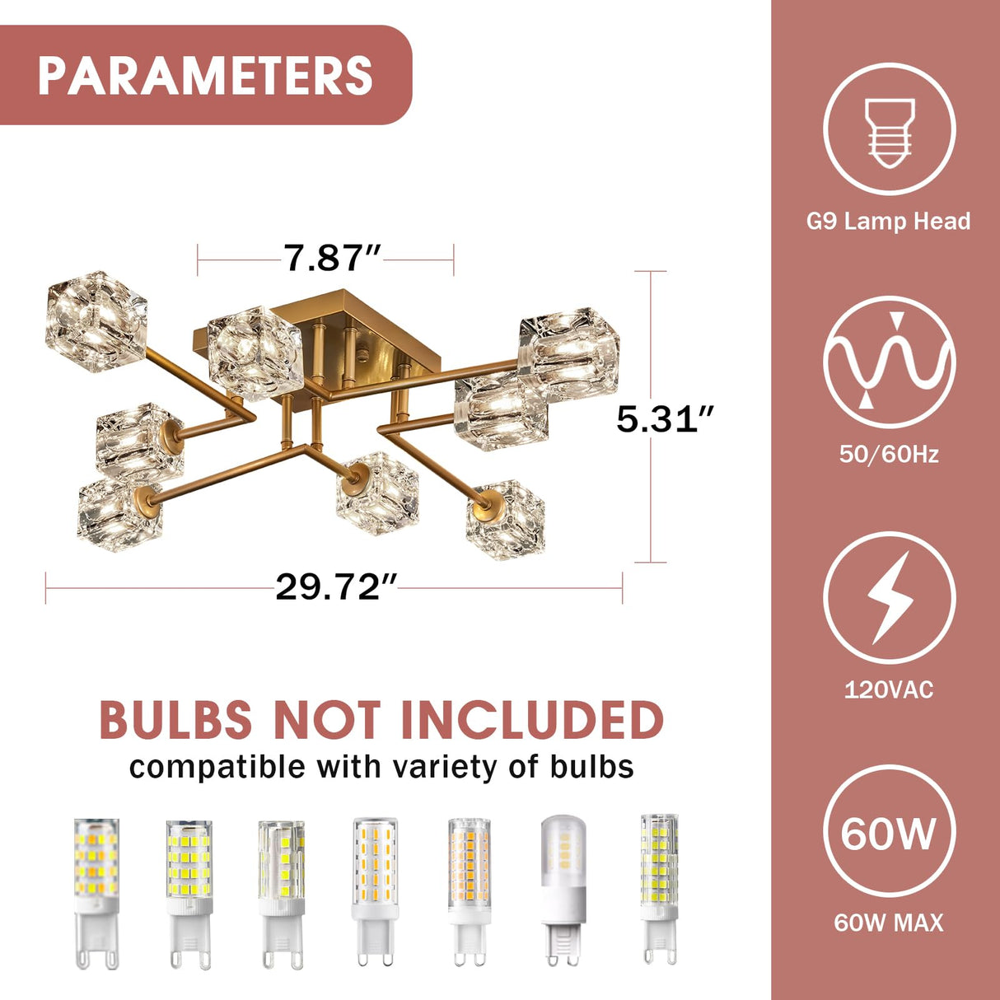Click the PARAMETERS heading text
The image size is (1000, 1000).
click(205, 75)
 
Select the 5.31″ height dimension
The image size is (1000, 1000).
click(665, 418)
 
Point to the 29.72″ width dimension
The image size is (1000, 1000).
click(336, 587)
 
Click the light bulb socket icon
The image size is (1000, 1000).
click(890, 133)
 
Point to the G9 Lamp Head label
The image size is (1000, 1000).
click(889, 222)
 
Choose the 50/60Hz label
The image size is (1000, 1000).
click(890, 455)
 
